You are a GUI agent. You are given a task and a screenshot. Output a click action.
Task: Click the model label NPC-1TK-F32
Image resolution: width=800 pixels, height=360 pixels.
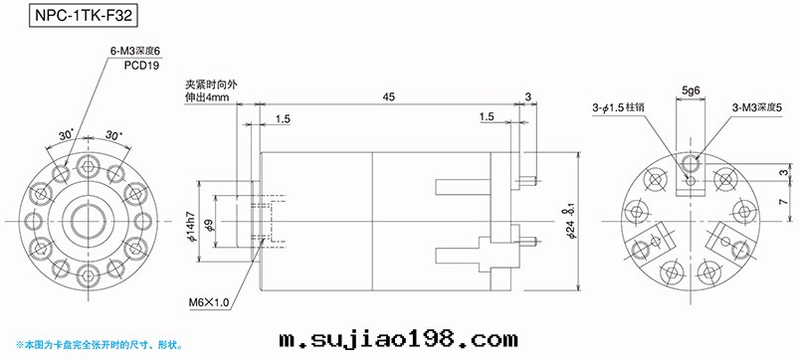84,15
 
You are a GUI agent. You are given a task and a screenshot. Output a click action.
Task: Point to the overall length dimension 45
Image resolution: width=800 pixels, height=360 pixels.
391,96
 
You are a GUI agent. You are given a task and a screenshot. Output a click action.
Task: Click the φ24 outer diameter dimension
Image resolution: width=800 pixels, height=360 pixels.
571,221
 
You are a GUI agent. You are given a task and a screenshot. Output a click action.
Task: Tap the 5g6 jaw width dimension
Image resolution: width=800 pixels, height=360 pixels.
691,90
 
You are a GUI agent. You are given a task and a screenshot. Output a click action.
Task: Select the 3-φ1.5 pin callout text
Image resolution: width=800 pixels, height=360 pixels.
618,108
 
